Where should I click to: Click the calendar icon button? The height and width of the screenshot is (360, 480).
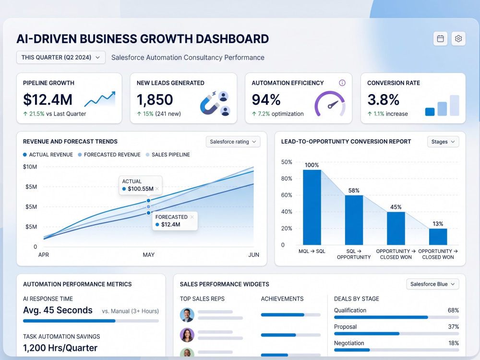click(x=440, y=38)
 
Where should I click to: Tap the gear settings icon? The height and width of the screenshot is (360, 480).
click(x=458, y=38)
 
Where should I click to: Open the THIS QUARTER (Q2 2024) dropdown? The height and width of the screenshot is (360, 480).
click(x=61, y=58)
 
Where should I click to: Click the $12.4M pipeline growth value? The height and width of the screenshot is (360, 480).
click(x=48, y=99)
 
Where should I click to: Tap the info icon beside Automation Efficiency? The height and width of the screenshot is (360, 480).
click(x=342, y=83)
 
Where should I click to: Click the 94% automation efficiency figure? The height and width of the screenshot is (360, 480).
click(x=266, y=99)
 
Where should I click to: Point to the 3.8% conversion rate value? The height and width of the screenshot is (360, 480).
click(x=383, y=99)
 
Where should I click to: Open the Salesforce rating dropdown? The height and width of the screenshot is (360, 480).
click(x=233, y=142)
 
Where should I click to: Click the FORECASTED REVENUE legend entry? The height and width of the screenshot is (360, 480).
click(x=109, y=155)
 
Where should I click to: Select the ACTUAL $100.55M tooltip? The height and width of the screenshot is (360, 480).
click(x=141, y=185)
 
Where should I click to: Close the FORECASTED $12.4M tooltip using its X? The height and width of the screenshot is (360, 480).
click(x=192, y=217)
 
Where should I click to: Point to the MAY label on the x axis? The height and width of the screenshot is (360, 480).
click(x=148, y=255)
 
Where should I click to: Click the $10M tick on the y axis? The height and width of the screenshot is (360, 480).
click(x=30, y=167)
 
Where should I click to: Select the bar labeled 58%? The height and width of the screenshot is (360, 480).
click(x=354, y=220)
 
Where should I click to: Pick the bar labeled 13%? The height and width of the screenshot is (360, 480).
click(x=438, y=237)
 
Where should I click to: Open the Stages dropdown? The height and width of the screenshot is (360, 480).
click(x=443, y=142)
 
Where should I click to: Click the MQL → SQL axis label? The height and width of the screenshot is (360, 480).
click(x=312, y=252)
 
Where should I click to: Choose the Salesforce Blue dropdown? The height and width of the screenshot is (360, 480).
click(x=432, y=284)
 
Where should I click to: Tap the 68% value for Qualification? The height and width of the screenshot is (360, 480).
click(x=453, y=311)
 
